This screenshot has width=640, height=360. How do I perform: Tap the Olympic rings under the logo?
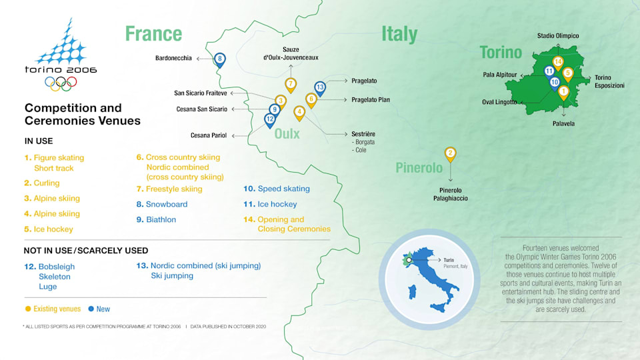click(x=61, y=83)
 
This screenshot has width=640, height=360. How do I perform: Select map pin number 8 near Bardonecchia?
click(x=220, y=59)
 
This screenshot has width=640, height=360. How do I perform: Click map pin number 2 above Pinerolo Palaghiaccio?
click(x=451, y=154)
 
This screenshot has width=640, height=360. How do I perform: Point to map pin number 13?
click(x=320, y=87)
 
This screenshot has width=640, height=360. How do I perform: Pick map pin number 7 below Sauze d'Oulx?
click(x=291, y=85)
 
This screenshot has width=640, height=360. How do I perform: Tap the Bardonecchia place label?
click(x=173, y=59)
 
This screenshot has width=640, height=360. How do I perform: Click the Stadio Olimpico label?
click(x=558, y=36)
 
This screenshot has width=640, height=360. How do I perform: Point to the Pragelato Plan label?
click(x=371, y=100)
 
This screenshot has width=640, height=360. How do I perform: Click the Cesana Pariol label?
click(x=209, y=135)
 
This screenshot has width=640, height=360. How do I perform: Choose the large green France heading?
click(x=153, y=33)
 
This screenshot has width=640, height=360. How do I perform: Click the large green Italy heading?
click(x=399, y=33)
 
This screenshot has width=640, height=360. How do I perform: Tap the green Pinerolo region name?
click(x=419, y=167)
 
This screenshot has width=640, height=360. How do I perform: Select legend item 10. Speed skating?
click(x=277, y=189)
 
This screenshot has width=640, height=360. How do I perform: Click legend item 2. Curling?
click(x=41, y=183)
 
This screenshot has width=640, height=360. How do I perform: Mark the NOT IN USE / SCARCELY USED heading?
click(x=87, y=251)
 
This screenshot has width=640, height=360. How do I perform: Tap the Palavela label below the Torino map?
click(x=563, y=123)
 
